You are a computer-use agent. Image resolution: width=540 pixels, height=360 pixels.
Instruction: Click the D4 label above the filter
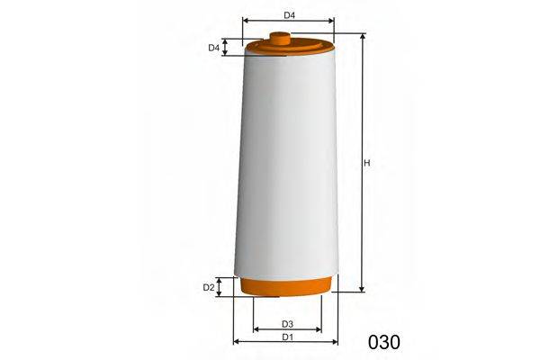289,14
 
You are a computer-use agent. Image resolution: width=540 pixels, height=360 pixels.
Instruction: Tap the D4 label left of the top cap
214,48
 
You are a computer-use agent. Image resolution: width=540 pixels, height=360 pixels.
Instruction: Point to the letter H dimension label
367,163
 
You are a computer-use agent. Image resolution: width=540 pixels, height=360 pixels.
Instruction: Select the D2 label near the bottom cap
208,287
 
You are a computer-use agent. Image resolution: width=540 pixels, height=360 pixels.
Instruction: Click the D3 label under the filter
287,323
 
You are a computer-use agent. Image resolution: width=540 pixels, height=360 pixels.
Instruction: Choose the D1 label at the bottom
286,337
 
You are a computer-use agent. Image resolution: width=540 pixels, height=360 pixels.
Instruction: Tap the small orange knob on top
281,37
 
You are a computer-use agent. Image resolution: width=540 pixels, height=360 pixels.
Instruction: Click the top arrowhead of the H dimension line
362,38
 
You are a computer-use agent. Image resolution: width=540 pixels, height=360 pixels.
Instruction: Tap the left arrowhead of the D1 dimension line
236,342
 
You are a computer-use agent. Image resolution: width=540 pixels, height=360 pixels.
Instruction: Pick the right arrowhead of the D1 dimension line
336,342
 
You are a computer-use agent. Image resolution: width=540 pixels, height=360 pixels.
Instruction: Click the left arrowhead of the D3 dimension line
256,329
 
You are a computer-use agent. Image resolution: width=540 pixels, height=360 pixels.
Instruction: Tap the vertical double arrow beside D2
225,287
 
